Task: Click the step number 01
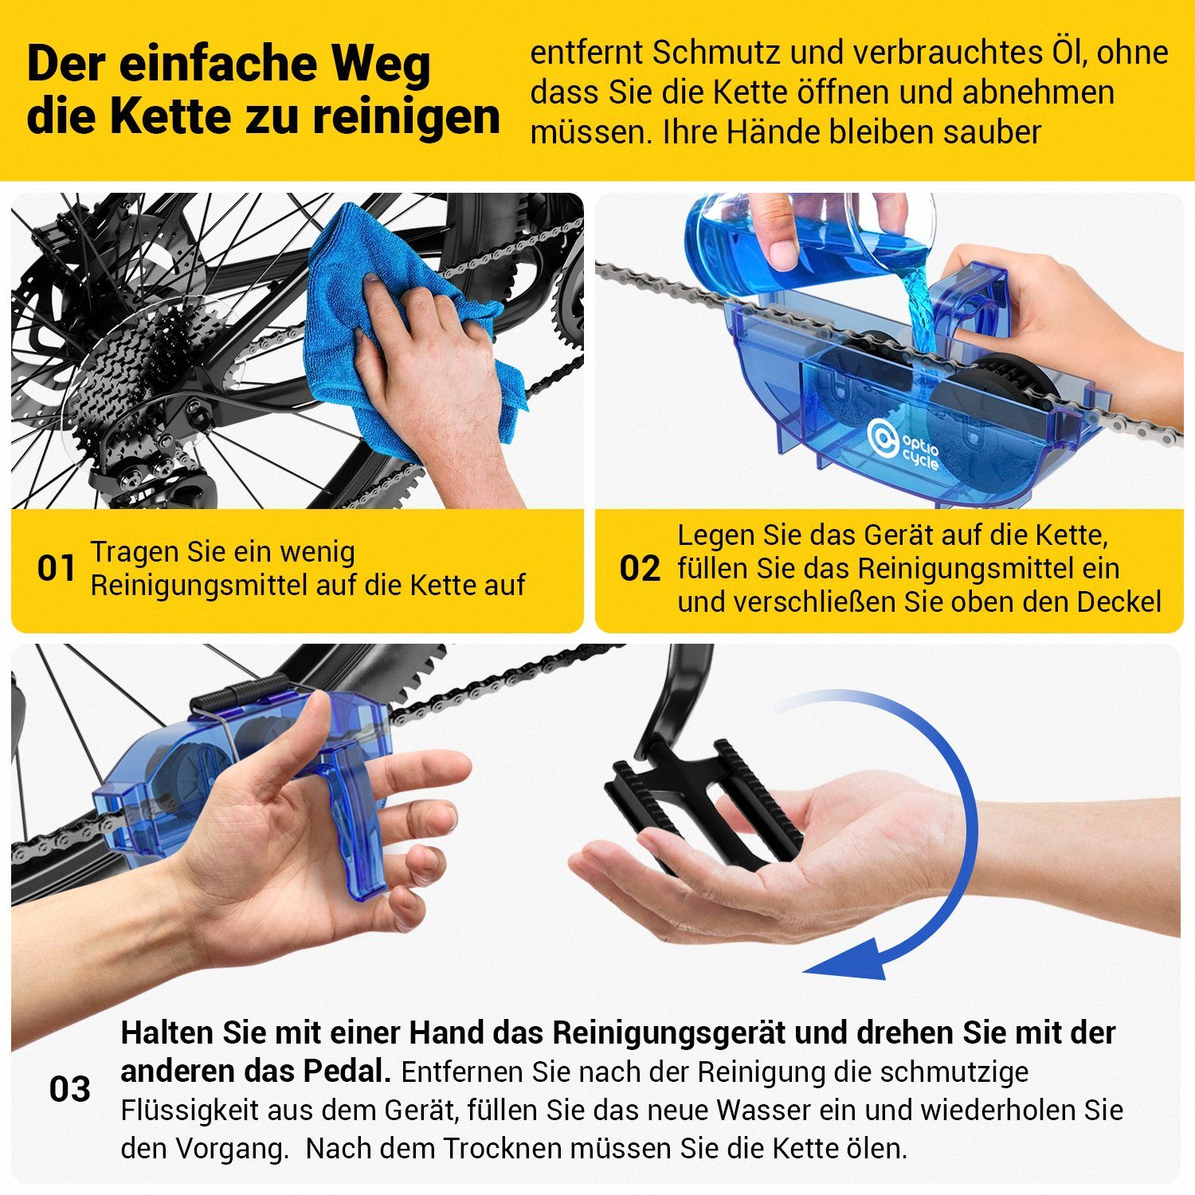(x=56, y=569)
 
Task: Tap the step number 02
(x=640, y=569)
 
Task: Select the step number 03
(x=69, y=1089)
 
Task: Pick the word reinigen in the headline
(x=406, y=116)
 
